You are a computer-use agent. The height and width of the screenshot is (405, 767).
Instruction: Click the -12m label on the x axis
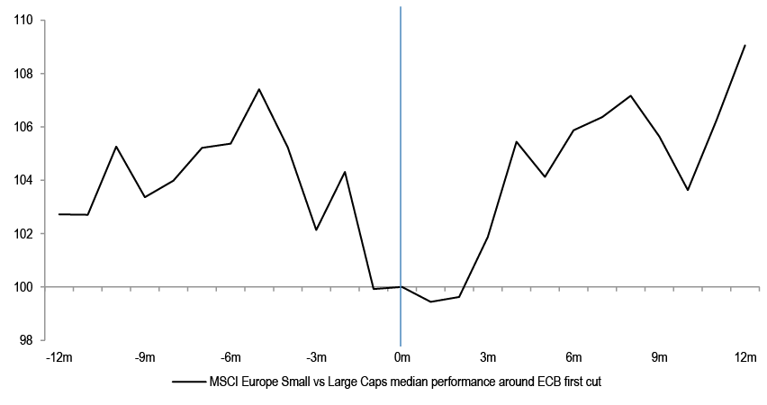(x=59, y=358)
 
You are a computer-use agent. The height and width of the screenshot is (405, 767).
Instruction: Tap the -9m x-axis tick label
(x=145, y=358)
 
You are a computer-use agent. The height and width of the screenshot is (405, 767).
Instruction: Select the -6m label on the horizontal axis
(x=230, y=358)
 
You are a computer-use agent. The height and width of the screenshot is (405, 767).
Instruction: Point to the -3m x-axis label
(x=315, y=358)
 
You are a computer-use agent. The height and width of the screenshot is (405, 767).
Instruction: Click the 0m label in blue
(x=401, y=358)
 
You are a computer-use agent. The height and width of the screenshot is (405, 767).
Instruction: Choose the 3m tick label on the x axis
(x=487, y=358)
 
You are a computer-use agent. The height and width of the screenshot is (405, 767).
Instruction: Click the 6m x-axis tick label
(x=573, y=358)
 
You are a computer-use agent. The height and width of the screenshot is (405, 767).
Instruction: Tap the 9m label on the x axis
(x=659, y=358)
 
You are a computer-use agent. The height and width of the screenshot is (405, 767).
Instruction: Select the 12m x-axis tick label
(x=745, y=358)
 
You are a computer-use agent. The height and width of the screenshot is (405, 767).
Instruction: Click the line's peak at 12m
(x=745, y=45)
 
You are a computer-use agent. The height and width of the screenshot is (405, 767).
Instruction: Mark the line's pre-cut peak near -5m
(x=258, y=89)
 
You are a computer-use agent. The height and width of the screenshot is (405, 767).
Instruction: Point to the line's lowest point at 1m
(x=429, y=301)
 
